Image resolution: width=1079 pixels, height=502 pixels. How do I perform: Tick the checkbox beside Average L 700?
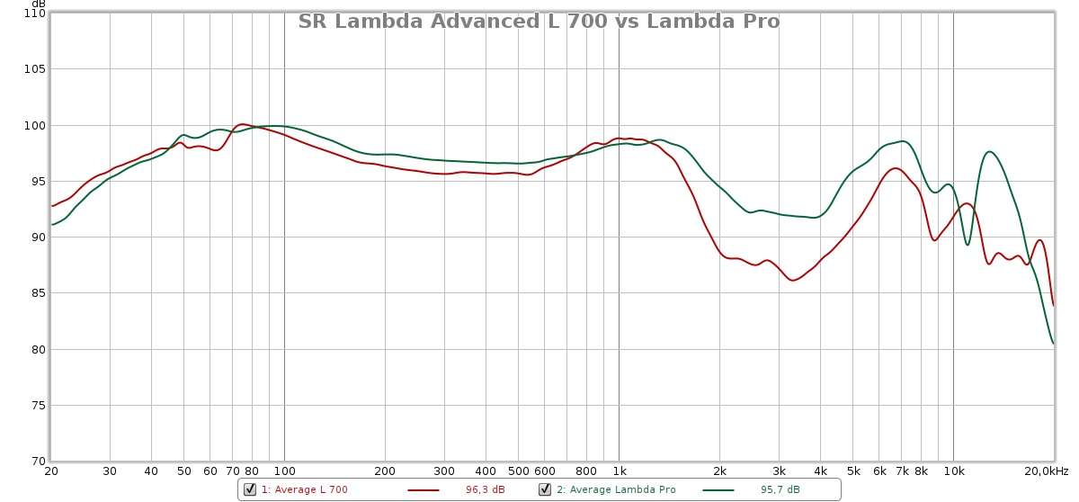pyautogui.click(x=250, y=489)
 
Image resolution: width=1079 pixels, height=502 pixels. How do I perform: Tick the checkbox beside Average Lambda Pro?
pyautogui.click(x=545, y=489)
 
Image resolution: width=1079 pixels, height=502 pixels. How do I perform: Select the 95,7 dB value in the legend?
pyautogui.click(x=780, y=490)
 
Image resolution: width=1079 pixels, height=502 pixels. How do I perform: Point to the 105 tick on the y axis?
pyautogui.click(x=35, y=69)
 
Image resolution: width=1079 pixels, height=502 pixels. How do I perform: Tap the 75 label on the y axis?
pyautogui.click(x=35, y=406)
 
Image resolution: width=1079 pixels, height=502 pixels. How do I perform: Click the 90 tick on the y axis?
pyautogui.click(x=35, y=238)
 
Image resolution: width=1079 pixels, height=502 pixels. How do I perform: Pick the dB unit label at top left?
pyautogui.click(x=39, y=4)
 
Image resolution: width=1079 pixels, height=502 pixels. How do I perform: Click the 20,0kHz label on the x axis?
pyautogui.click(x=1047, y=471)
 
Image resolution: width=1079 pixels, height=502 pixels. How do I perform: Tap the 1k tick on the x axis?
pyautogui.click(x=619, y=471)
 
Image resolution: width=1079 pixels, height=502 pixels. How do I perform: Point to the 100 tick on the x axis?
pyautogui.click(x=284, y=471)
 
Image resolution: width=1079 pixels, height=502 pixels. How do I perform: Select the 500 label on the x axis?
pyautogui.click(x=518, y=471)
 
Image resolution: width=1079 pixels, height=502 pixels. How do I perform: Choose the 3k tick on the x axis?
pyautogui.click(x=779, y=471)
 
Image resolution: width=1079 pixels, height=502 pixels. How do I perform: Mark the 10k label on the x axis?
pyautogui.click(x=953, y=471)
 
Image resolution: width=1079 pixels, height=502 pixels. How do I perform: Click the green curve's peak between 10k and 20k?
pyautogui.click(x=989, y=151)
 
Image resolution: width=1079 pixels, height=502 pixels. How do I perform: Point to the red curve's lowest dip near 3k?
pyautogui.click(x=793, y=281)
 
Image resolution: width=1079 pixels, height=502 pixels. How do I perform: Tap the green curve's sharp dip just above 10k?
pyautogui.click(x=968, y=245)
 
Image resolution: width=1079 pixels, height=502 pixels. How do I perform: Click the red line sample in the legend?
pyautogui.click(x=424, y=490)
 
